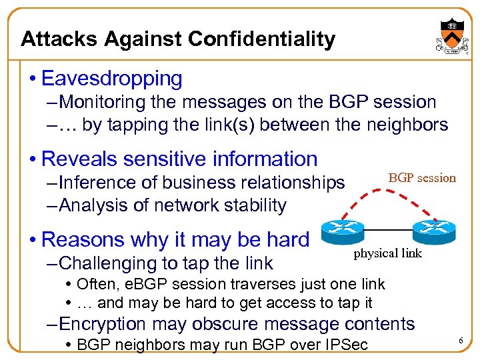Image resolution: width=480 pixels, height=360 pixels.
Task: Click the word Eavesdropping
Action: point(111,79)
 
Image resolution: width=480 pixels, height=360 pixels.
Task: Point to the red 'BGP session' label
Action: point(422,178)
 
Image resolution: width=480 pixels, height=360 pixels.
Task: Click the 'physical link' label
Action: point(387,253)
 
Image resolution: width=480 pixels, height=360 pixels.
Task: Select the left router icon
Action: point(341,231)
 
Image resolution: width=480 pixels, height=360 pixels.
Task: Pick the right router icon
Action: point(433,231)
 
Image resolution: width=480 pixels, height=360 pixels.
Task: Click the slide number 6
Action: point(460,341)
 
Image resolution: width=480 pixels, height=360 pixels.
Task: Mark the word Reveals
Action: point(74,159)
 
